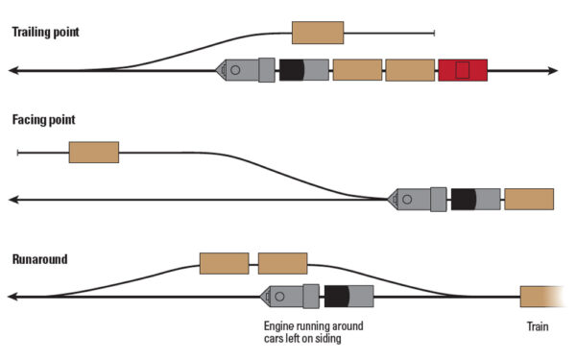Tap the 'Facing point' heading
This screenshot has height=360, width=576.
click(x=43, y=121)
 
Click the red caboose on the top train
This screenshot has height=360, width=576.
click(x=463, y=70)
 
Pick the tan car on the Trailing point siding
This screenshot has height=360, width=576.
click(x=318, y=33)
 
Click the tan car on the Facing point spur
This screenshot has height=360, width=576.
click(x=94, y=152)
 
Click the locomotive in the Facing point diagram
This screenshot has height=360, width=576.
click(x=418, y=199)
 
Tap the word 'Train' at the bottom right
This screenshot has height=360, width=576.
click(x=538, y=326)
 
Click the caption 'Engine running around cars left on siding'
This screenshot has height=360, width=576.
click(x=313, y=332)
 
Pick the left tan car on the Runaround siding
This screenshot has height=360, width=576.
click(x=224, y=263)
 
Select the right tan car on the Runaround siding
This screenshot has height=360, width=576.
click(x=282, y=263)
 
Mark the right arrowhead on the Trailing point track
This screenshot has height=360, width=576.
click(x=552, y=70)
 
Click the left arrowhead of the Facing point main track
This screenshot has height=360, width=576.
click(x=13, y=199)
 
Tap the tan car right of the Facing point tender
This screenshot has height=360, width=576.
click(x=529, y=199)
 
